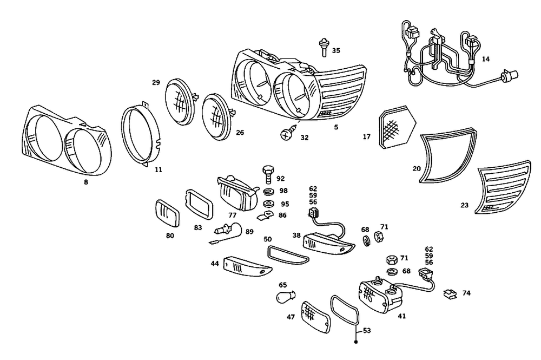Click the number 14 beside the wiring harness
coord(486,59)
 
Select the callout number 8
coord(85,182)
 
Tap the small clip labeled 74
coord(449,294)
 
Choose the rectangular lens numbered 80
coord(167,213)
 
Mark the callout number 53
coord(366,330)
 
